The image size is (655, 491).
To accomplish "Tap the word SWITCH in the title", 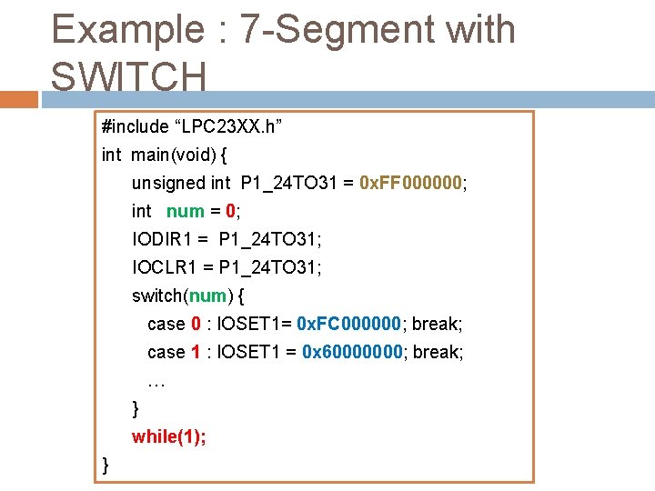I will [128, 76].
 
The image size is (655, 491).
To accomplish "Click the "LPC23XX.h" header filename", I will [228, 126].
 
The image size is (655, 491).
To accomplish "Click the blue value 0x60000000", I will [353, 352].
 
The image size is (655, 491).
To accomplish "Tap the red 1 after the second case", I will [195, 352].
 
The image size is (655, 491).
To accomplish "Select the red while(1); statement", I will [169, 436].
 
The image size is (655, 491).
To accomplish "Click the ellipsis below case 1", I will [156, 381].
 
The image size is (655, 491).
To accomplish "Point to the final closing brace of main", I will [106, 465].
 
